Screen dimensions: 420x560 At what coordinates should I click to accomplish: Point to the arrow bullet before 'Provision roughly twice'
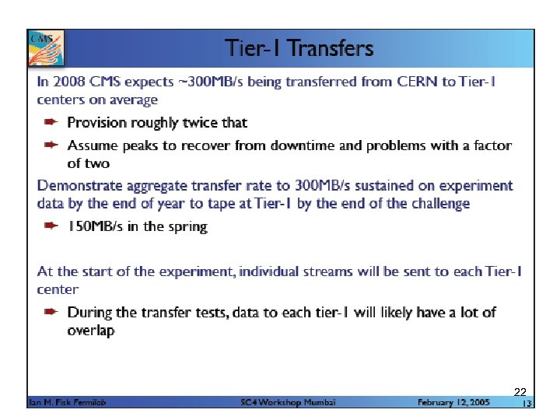click(x=51, y=123)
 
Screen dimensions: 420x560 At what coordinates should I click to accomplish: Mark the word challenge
click(x=439, y=204)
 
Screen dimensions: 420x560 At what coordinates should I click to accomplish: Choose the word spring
click(x=187, y=227)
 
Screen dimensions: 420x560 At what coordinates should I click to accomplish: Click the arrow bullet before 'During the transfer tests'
click(x=51, y=313)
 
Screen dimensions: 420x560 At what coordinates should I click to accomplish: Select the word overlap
click(x=91, y=331)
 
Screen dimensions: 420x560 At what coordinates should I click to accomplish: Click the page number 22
click(x=520, y=391)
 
